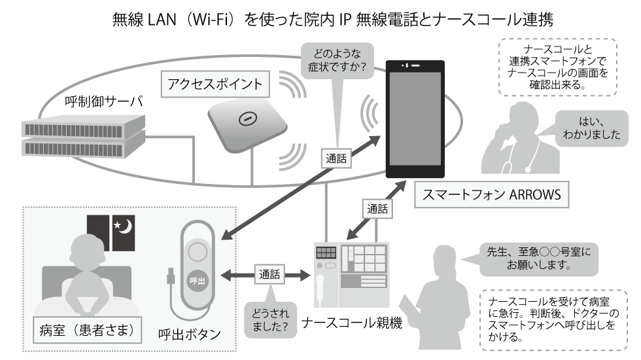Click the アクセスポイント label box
coord(215,83)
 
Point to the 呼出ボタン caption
coord(190,334)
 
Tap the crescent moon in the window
coord(125,226)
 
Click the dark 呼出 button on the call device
coord(198,279)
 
